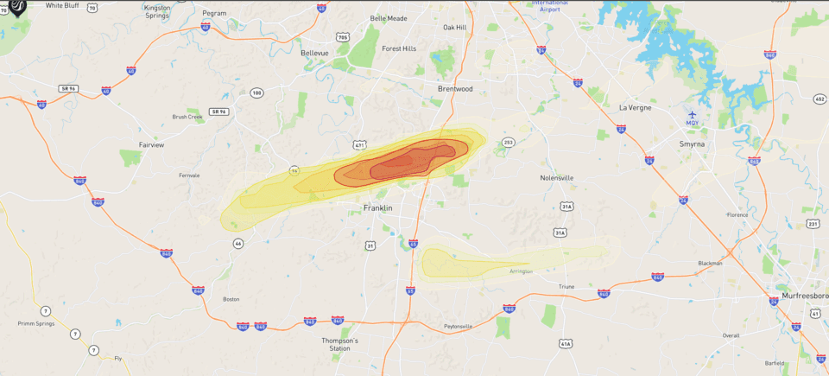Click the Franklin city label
[377, 208]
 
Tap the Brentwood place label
[455, 88]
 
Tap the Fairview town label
[151, 145]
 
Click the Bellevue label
[314, 53]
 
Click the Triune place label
[566, 286]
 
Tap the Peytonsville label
[458, 326]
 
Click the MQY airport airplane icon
[692, 113]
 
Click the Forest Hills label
[399, 48]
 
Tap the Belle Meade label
[388, 18]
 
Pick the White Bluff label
[62, 5]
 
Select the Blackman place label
[710, 263]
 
